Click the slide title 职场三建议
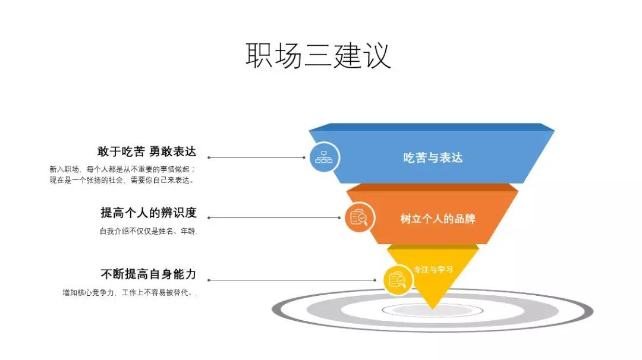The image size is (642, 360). pyautogui.click(x=319, y=55)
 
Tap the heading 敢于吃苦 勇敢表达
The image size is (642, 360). pyautogui.click(x=146, y=151)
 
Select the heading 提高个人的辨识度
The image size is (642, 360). pyautogui.click(x=148, y=213)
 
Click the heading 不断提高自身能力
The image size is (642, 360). pyautogui.click(x=148, y=274)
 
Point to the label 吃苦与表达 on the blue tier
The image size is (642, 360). pyautogui.click(x=432, y=157)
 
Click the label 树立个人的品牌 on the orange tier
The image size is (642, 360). pyautogui.click(x=438, y=219)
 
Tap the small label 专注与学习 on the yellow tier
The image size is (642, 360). pyautogui.click(x=433, y=269)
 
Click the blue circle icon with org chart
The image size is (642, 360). pyautogui.click(x=324, y=157)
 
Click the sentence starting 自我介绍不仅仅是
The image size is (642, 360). pyautogui.click(x=148, y=232)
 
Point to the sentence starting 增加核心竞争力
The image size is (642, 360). pyautogui.click(x=129, y=293)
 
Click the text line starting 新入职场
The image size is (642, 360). pyautogui.click(x=122, y=169)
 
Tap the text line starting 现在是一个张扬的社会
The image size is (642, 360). pyautogui.click(x=122, y=180)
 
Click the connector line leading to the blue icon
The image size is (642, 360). pyautogui.click(x=257, y=158)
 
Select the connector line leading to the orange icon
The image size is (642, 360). pyautogui.click(x=275, y=217)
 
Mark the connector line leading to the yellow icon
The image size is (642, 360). pyautogui.click(x=291, y=280)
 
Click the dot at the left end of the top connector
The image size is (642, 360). pyautogui.click(x=209, y=158)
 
